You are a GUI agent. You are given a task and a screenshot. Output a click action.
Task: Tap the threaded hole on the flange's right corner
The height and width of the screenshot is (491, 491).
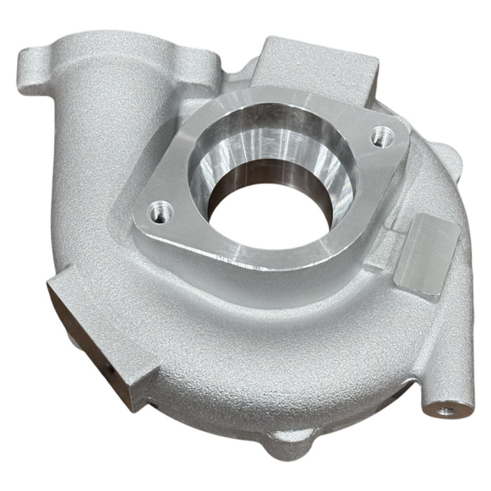(381, 133)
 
